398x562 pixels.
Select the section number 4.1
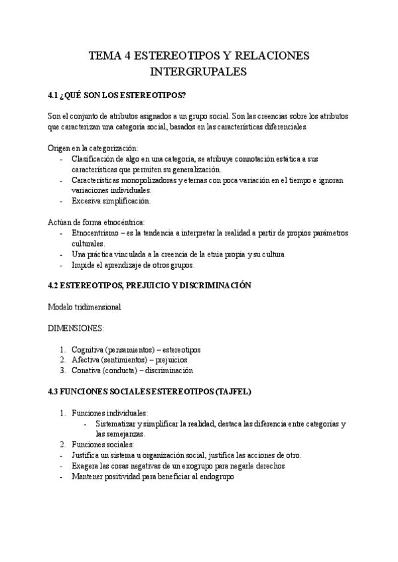coord(54,95)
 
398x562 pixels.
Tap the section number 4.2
coord(54,285)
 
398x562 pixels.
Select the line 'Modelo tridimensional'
coord(84,307)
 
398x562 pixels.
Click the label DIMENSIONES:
coord(76,328)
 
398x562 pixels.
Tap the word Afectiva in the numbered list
coord(85,360)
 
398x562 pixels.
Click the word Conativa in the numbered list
coord(86,370)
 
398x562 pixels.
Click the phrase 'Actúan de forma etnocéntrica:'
coord(96,222)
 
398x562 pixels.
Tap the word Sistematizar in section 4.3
coord(115,423)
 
